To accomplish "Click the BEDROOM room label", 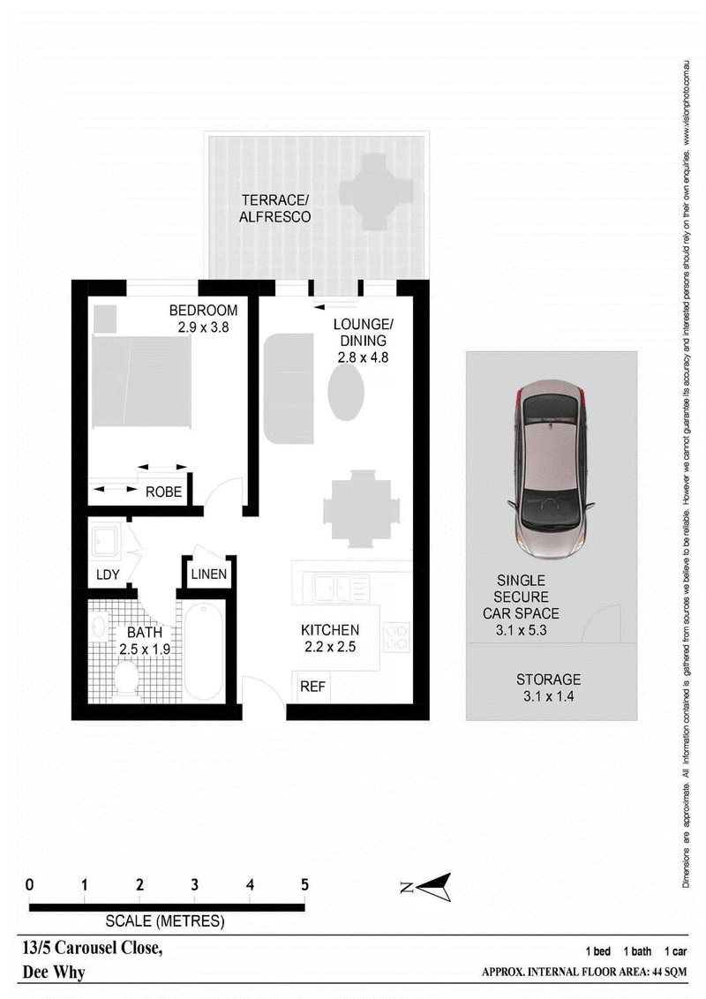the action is (x=203, y=311).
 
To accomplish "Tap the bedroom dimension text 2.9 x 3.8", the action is (x=203, y=327).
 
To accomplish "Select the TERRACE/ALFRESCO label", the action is (x=274, y=208).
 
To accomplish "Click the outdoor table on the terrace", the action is (x=377, y=191).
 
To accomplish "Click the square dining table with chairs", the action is (x=361, y=508).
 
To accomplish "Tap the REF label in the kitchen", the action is (x=312, y=687).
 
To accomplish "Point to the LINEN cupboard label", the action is (x=209, y=574).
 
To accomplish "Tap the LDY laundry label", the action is (x=108, y=575).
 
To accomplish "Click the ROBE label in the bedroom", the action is (x=164, y=492).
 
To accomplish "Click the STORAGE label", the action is (x=549, y=680).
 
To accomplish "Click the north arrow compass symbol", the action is (x=428, y=887).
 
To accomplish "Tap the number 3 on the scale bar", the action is (x=194, y=885).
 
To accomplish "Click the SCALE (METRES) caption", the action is (x=165, y=920).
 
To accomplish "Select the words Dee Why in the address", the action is (x=54, y=973).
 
